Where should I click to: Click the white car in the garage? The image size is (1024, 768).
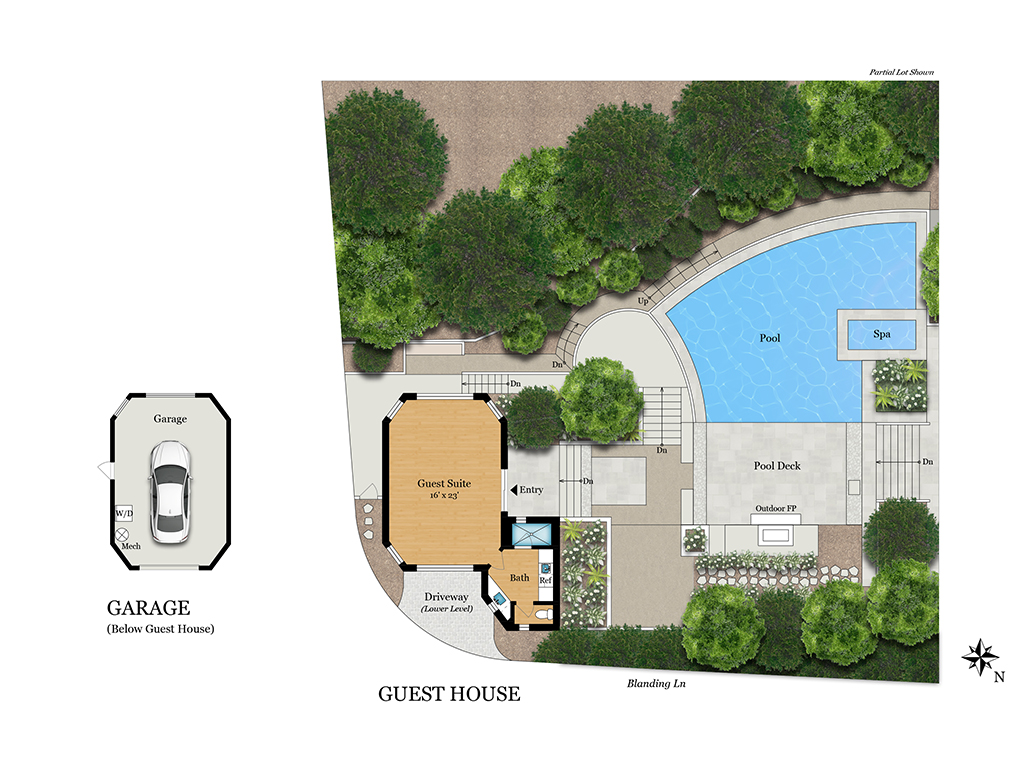coord(170,492)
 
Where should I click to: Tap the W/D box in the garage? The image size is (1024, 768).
coord(124,513)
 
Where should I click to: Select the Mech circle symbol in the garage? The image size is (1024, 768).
coord(122,534)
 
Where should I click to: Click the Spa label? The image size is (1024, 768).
coord(882,334)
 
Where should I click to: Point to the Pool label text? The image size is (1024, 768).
coord(770,338)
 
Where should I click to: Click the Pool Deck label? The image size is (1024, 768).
coord(777,466)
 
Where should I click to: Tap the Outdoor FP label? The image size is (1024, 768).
coord(776,508)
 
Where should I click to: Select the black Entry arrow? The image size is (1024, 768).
coord(514,489)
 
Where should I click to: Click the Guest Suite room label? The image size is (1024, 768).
coord(444,483)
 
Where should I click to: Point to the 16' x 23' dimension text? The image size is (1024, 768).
coord(444,496)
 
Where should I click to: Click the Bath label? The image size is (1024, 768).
coord(520,577)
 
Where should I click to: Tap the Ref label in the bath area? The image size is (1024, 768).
coord(545,580)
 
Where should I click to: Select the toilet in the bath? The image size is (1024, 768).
coord(543,615)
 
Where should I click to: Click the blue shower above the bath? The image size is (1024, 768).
coord(530,534)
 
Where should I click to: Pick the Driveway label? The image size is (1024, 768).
coord(447,596)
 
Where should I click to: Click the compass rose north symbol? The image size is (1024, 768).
coord(980,658)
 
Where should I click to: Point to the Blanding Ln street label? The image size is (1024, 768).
coord(656,683)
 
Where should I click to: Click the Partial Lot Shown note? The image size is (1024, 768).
coord(901,72)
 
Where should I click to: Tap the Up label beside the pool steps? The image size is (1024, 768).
coord(643,301)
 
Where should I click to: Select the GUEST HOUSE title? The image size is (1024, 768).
coord(449,694)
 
